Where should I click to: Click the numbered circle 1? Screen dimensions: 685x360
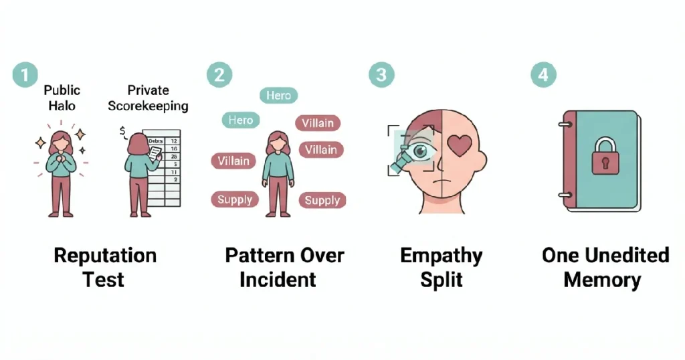point(25,74)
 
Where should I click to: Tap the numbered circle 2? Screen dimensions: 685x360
point(219,75)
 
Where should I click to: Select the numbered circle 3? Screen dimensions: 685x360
point(381,75)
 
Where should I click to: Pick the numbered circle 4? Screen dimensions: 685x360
point(543,74)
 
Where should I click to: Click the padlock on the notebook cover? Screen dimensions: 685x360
point(605,156)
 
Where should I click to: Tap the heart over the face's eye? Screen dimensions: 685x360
point(460,145)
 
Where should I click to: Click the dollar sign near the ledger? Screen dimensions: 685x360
point(123,131)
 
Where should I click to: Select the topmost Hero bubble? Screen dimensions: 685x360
point(279,95)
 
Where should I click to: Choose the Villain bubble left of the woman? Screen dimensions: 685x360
point(233,161)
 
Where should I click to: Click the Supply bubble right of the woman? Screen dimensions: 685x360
point(322,200)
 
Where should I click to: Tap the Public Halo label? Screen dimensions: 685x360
point(62,98)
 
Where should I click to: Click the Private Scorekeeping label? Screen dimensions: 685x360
point(148,98)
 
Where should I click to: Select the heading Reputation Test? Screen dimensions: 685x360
point(105,268)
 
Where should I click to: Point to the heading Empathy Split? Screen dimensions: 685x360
point(442,268)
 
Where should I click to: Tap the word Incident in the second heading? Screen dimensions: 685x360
point(278,280)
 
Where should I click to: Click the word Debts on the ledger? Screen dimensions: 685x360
point(155,141)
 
